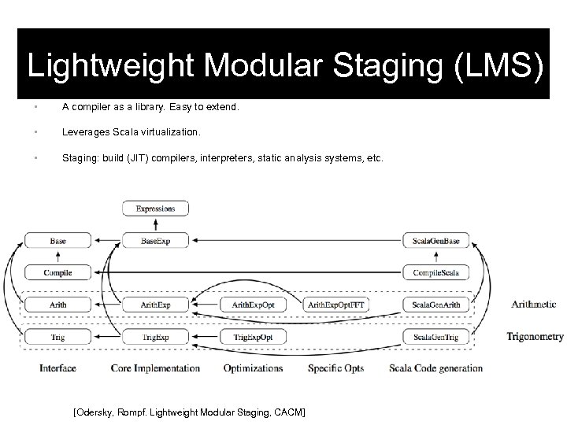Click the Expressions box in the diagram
(x=155, y=209)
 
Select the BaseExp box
(x=155, y=240)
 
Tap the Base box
(x=57, y=240)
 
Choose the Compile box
(x=57, y=272)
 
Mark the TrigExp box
(x=155, y=337)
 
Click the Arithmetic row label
(x=533, y=305)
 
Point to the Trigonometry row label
(x=535, y=337)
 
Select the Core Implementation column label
(x=155, y=368)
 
